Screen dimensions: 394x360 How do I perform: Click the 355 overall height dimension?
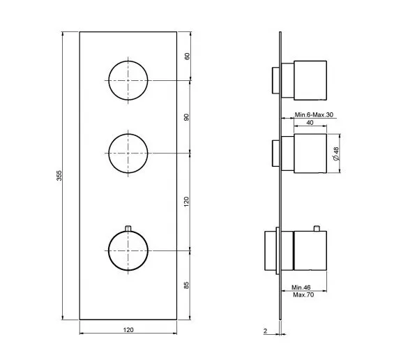59,176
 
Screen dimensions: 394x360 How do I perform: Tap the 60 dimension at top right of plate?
188,56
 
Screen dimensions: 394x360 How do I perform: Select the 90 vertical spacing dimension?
186,117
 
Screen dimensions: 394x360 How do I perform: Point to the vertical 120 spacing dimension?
186,202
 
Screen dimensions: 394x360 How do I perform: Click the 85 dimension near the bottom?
186,285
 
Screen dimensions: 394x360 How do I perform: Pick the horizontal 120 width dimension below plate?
128,329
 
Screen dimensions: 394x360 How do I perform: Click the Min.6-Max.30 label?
314,114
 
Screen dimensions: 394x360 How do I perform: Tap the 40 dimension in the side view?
310,122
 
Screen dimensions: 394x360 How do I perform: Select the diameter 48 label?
336,153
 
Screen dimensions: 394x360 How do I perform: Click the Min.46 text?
301,287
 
